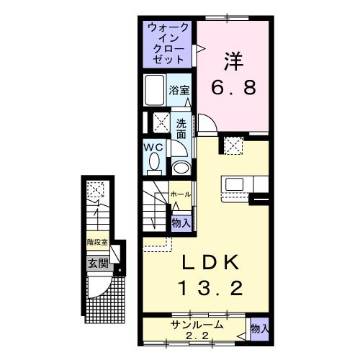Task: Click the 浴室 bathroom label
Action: click(x=179, y=91)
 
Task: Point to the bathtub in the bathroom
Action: click(x=155, y=91)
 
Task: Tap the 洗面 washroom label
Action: click(x=181, y=128)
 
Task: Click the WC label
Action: click(x=154, y=146)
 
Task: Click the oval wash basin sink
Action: click(x=182, y=168)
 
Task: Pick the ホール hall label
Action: click(x=181, y=194)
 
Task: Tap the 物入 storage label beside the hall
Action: click(x=181, y=222)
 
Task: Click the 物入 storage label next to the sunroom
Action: click(x=259, y=328)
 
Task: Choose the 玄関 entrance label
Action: click(x=98, y=263)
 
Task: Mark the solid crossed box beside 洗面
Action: click(x=158, y=122)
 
